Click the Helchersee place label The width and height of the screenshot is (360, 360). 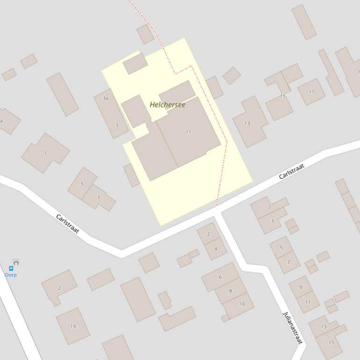coord(167,105)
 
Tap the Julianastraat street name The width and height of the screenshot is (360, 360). coord(293,328)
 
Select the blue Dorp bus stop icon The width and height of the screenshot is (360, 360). coord(11,268)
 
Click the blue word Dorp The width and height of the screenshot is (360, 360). coord(11,275)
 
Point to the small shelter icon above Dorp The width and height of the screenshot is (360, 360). coord(16,262)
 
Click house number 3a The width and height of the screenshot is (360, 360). coord(106,98)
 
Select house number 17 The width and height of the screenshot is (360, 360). coord(311,92)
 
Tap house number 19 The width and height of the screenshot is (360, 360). coord(73,326)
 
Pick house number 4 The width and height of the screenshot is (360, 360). coord(216,249)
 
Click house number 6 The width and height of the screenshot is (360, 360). coord(220,277)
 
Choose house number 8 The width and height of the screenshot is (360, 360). coord(230,291)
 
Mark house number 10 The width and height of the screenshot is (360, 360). coord(242,304)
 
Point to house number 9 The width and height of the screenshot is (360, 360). coord(301,287)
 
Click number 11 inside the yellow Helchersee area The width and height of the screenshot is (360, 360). coord(188,132)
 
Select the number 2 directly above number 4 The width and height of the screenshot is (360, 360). coord(209,234)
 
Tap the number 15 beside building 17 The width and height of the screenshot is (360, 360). coord(283,96)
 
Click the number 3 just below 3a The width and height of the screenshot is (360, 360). coord(116,125)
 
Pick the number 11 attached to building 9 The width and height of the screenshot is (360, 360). coord(308,302)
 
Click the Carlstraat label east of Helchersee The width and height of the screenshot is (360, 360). coord(291,171)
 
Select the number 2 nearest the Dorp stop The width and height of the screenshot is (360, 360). coord(59,288)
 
